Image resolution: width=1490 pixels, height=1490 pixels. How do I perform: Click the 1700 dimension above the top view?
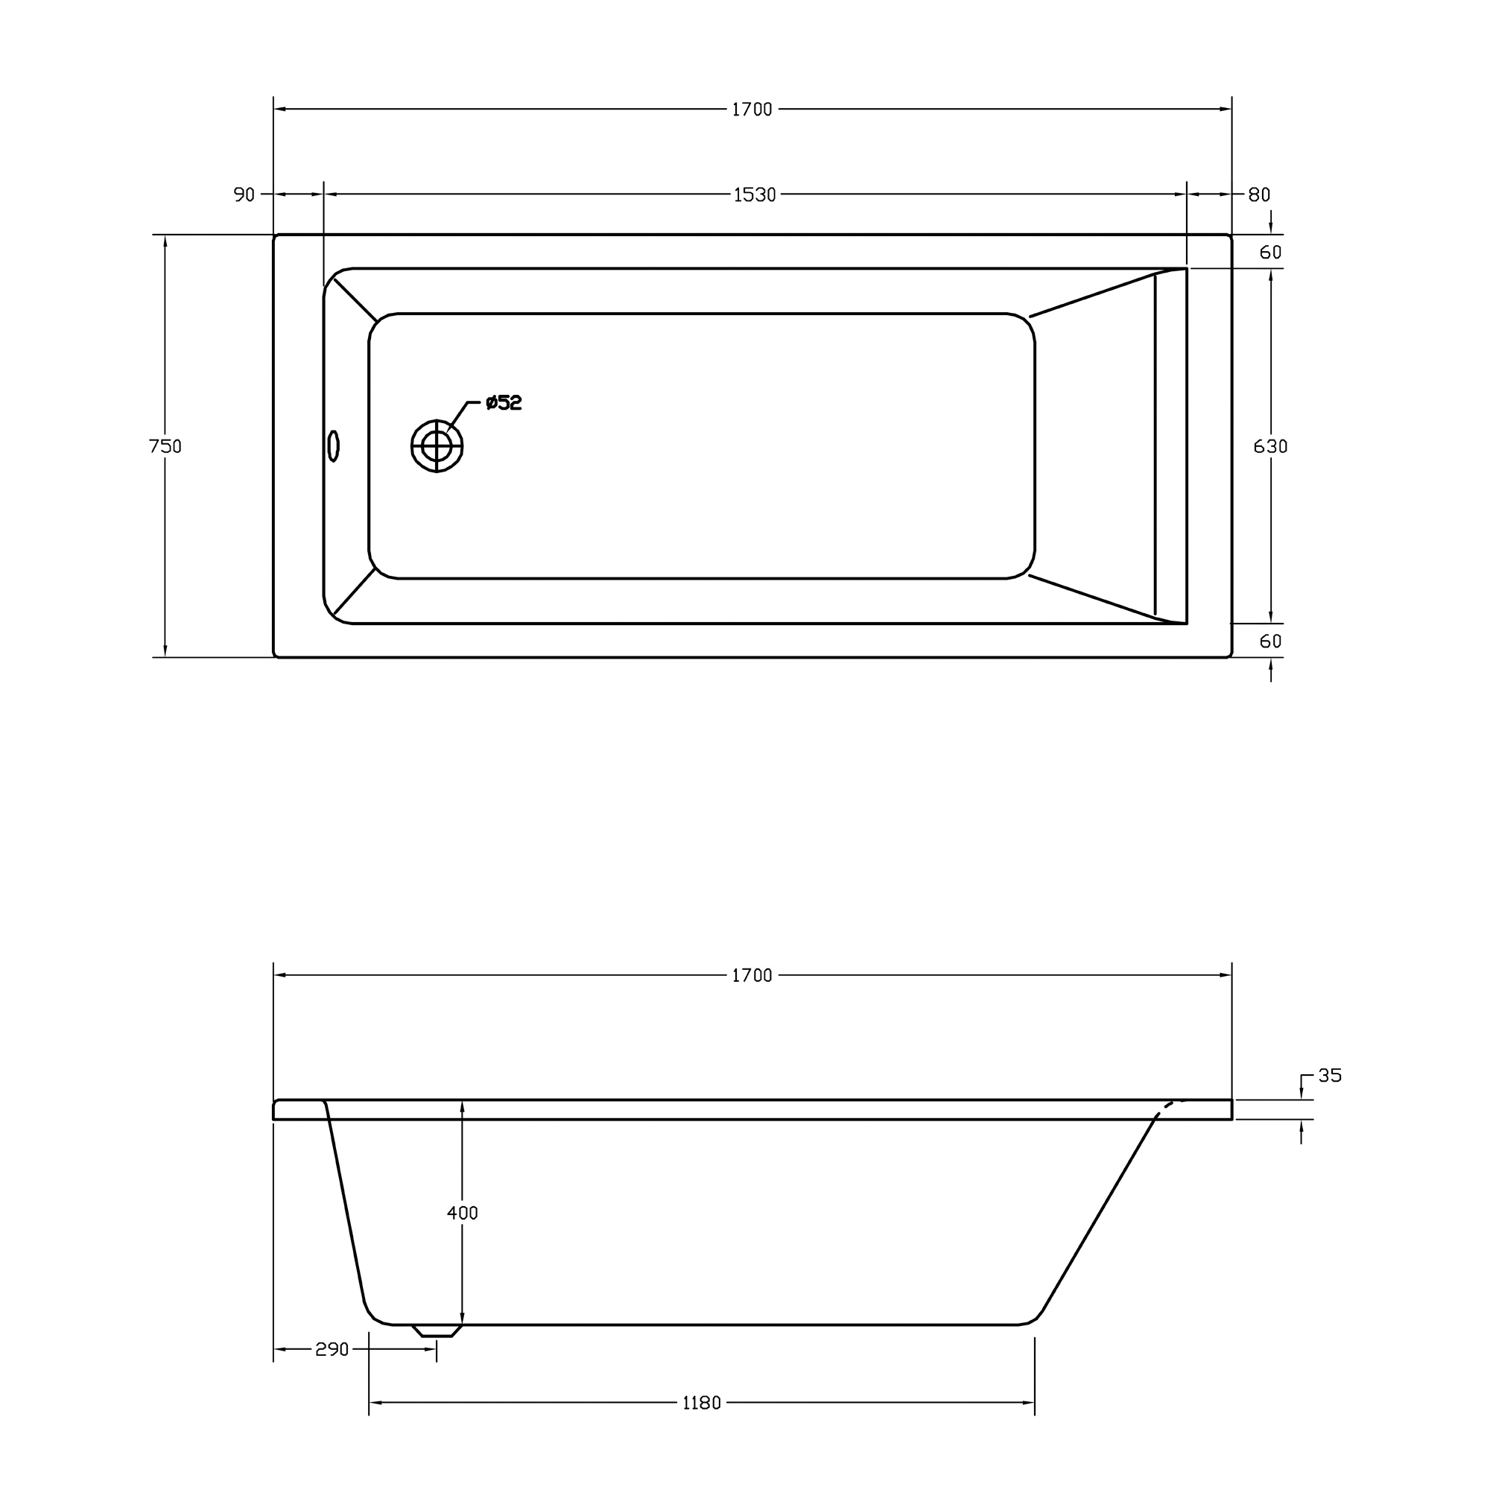pos(751,110)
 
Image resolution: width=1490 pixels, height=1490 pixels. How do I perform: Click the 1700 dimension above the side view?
pos(751,976)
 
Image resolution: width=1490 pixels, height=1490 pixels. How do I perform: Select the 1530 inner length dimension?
pos(753,195)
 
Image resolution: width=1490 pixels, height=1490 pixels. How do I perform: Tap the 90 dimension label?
pos(244,195)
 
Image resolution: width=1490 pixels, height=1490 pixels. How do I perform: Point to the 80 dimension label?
pos(1258,195)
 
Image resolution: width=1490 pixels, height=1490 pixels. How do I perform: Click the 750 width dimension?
pos(165,446)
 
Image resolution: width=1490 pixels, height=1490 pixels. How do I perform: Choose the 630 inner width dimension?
pos(1270,446)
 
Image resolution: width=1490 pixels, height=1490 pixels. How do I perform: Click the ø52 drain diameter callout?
pos(504,402)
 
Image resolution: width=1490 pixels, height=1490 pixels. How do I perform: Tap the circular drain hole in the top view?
pos(437,446)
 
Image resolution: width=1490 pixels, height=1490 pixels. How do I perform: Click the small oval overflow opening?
pos(333,446)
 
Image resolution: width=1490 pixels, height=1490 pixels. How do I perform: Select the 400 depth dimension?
pos(462,1212)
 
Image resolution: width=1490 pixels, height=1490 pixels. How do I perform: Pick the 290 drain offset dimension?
pos(332,1349)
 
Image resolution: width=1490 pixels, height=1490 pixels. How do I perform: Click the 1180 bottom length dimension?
pos(701,1403)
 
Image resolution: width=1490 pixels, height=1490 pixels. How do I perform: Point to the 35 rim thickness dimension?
pos(1330,1075)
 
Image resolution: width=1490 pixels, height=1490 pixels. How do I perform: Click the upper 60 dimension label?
pos(1270,253)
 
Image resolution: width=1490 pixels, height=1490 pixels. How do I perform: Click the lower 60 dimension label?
pos(1270,641)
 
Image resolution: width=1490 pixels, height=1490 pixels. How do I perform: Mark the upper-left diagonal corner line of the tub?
pos(355,299)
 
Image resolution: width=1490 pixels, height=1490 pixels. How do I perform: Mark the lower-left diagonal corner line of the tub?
pos(355,592)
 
